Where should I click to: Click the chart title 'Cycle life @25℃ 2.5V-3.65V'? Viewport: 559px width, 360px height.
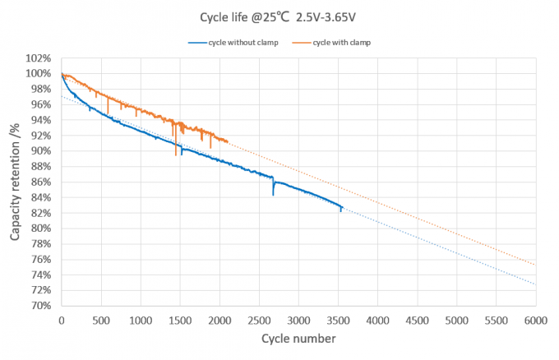(x=277, y=17)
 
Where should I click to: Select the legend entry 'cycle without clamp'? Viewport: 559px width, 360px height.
(x=233, y=43)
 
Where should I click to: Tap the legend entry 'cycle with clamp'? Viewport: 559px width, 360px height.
(x=331, y=43)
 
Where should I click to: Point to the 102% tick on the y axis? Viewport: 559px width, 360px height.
(x=38, y=58)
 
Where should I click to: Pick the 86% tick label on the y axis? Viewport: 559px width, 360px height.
(x=41, y=182)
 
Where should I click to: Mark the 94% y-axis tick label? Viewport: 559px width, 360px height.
(x=41, y=120)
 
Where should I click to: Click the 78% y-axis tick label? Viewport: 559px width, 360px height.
(x=41, y=244)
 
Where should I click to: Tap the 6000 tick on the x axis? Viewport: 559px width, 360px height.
(x=535, y=321)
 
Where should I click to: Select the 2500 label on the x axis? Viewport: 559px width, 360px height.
(x=259, y=321)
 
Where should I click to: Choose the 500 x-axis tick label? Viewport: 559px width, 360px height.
(x=101, y=321)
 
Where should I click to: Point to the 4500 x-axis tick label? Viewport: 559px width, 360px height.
(x=418, y=321)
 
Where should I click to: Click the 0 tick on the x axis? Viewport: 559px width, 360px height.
(x=62, y=321)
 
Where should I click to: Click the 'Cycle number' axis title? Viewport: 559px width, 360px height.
(x=298, y=339)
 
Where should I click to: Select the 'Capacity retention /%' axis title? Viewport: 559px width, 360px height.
(x=15, y=182)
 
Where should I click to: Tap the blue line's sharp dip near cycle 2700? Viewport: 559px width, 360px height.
(x=273, y=195)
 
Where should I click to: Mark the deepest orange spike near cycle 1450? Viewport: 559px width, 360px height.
(x=176, y=155)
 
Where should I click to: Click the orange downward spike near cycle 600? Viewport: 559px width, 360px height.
(x=108, y=113)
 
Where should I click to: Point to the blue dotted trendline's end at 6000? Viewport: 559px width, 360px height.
(x=535, y=284)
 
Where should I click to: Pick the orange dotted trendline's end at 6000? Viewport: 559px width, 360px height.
(x=535, y=265)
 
